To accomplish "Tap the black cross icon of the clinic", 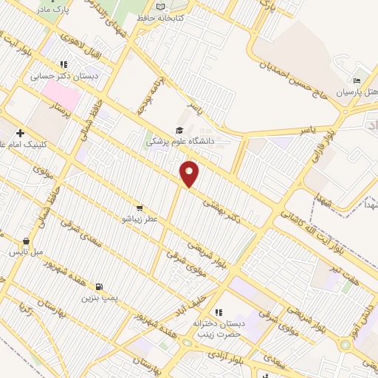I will [x=20, y=133].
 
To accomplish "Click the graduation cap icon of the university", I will [x=179, y=128].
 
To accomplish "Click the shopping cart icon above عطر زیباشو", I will [x=140, y=209].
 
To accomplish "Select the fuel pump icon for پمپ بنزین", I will [x=100, y=287].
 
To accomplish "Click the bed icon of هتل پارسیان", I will [x=357, y=81].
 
